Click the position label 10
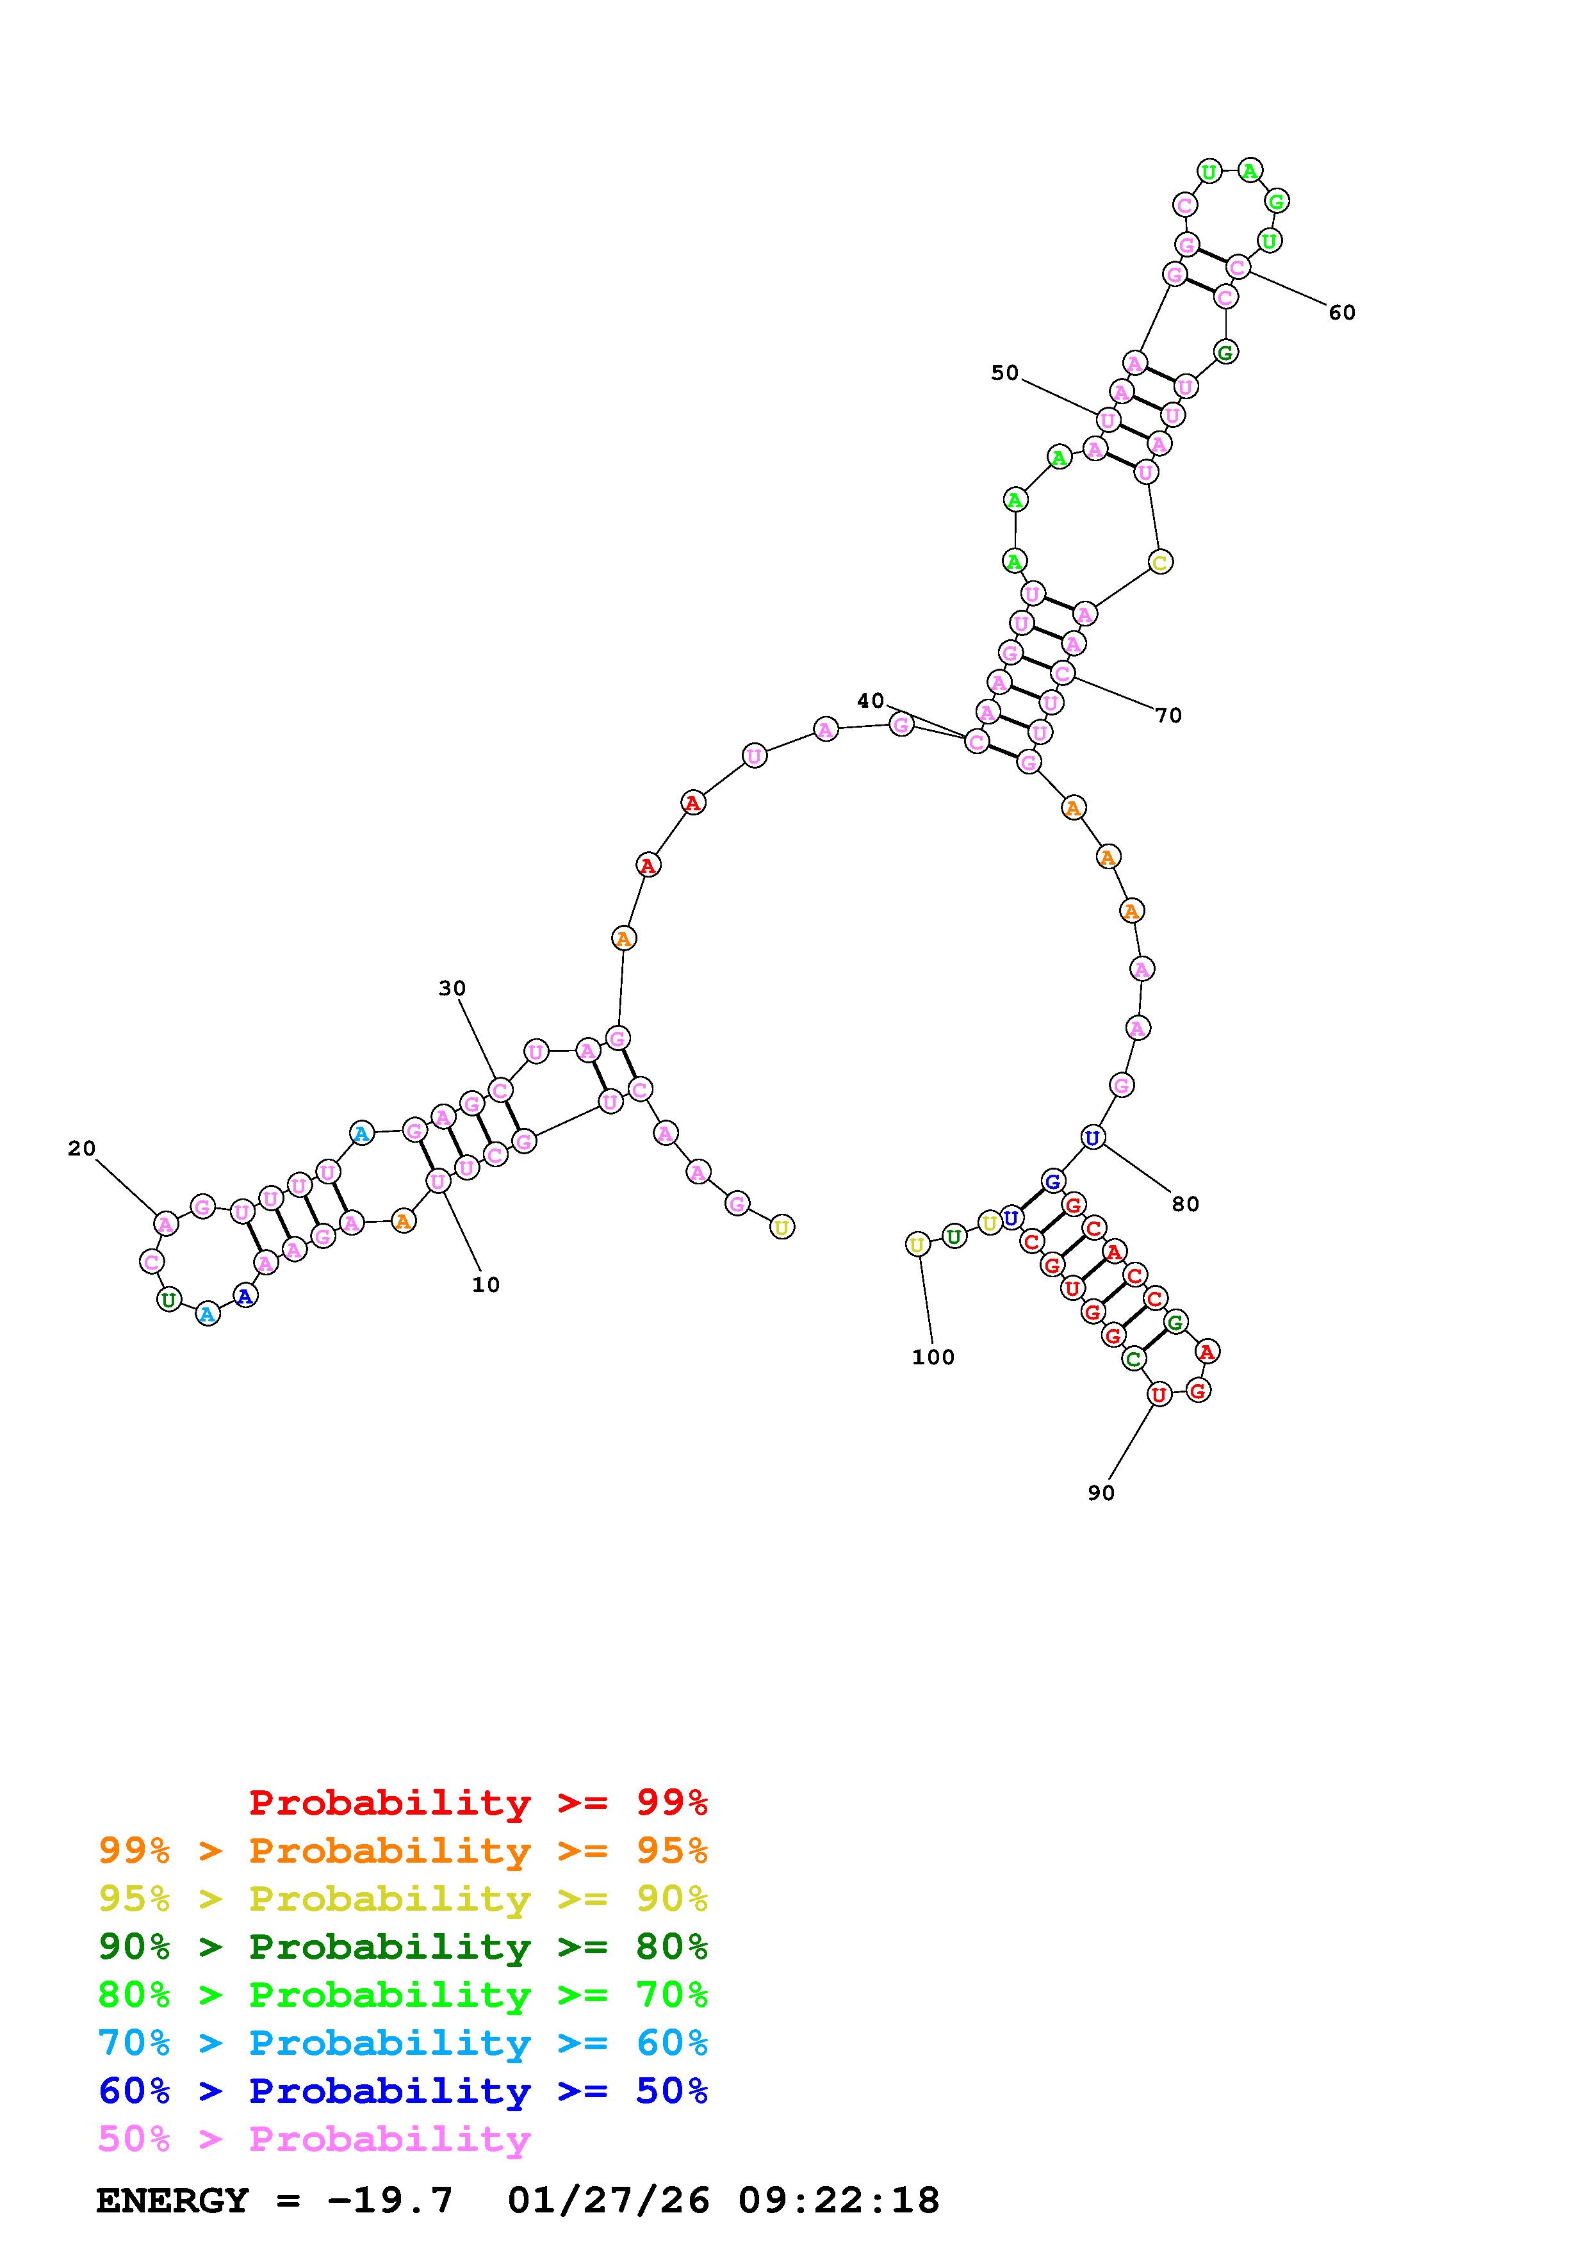point(486,1285)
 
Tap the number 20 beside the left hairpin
point(82,1149)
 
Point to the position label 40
point(871,701)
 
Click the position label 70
point(1168,715)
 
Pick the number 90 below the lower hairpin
point(1101,1492)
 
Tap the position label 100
point(933,1357)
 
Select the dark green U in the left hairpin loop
point(169,1300)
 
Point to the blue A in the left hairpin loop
point(245,1296)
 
